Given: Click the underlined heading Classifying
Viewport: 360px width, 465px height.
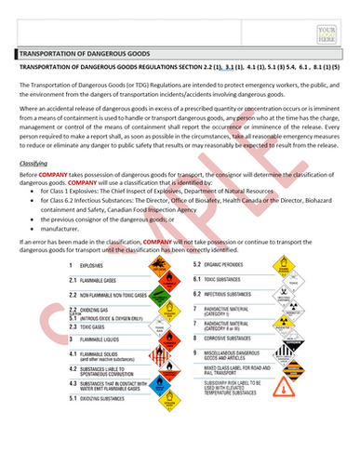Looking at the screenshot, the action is point(34,162).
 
